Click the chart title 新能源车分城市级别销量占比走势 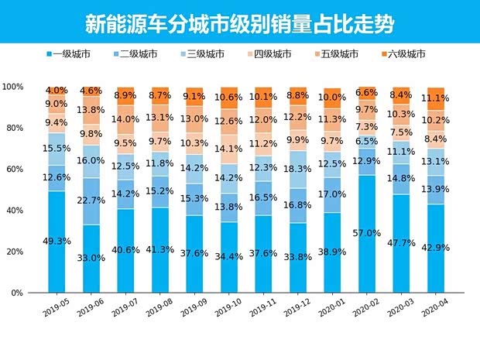[239, 23]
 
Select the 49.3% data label [57, 242]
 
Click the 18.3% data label [298, 168]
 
